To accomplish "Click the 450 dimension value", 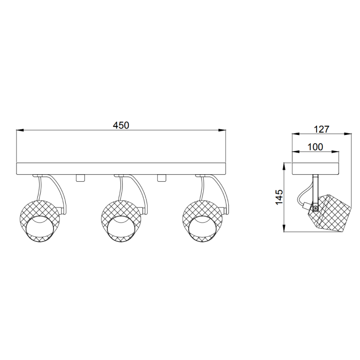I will pos(121,125).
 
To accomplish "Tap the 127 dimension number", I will pos(322,129).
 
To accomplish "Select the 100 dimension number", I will pos(315,147).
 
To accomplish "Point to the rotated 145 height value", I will pos(279,198).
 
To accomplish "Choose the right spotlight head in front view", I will pos(201,220).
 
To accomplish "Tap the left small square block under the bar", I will pos(80,177).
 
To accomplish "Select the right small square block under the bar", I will pos(162,177).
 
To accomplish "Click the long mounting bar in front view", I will pos(121,168).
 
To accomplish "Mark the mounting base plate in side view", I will pos(315,168).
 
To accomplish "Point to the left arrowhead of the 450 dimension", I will pos(19,130).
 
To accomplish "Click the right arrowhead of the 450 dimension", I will pos(223,130).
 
